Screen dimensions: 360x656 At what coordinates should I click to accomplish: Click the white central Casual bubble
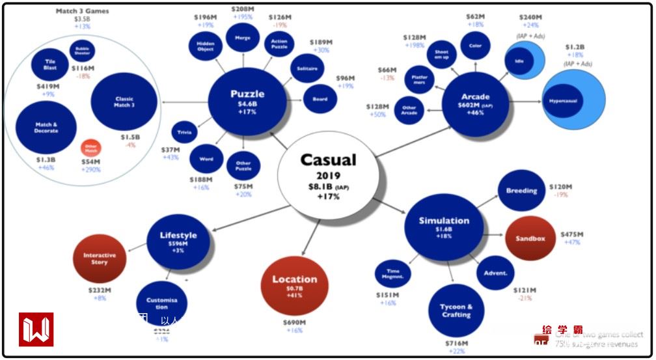(327, 176)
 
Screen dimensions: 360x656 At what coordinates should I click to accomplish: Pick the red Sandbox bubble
(530, 238)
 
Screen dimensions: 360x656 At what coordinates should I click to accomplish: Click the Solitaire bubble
(307, 68)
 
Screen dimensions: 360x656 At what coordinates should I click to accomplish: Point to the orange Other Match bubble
(90, 148)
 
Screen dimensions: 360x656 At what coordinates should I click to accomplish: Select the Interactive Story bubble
(99, 258)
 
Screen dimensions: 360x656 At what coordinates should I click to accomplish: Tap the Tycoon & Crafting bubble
(456, 311)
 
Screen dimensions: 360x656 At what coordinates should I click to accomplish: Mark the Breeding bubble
(521, 191)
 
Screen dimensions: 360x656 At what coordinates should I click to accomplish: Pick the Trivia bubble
(184, 133)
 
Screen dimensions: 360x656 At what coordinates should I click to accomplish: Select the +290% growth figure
(91, 170)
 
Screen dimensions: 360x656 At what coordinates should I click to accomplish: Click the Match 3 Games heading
(83, 11)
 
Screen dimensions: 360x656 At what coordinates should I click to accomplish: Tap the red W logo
(36, 329)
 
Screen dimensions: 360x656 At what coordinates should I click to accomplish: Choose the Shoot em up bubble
(441, 54)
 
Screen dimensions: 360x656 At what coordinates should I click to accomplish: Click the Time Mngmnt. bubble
(392, 273)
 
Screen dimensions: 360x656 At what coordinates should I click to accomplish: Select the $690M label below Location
(294, 322)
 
